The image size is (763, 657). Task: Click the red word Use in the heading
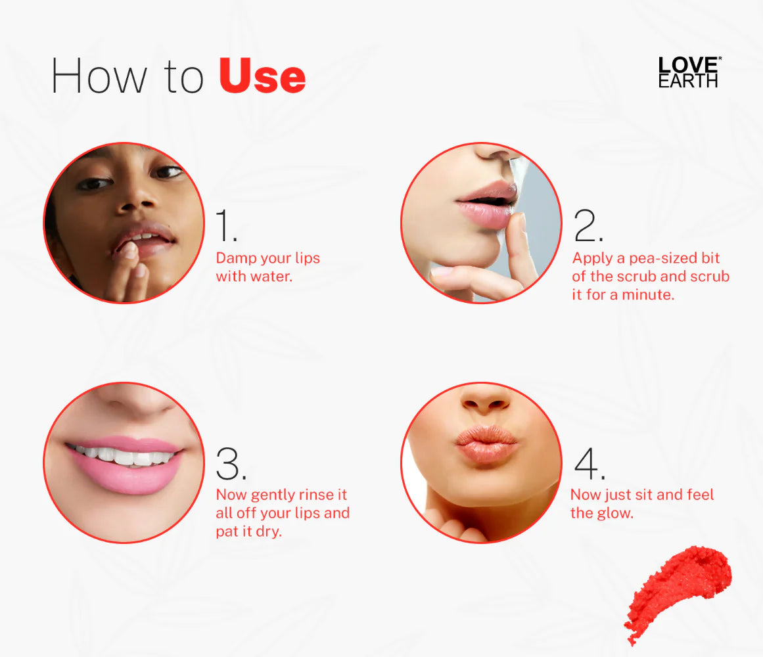[x=262, y=76]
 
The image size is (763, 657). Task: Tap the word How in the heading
[x=99, y=76]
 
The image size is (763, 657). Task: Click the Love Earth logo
[x=689, y=72]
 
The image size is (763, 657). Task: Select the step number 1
[x=227, y=225]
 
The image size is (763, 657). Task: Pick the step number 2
[x=588, y=225]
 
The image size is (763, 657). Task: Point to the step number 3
[x=231, y=464]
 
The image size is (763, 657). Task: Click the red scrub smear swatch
[x=678, y=593]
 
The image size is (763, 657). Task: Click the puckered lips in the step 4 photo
[x=486, y=443]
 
